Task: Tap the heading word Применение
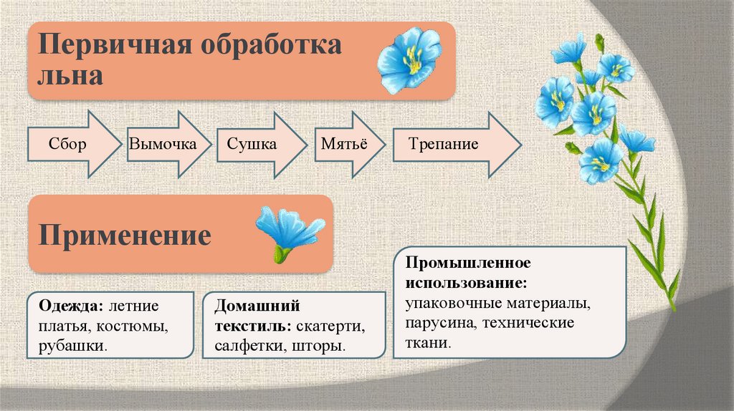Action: point(125,235)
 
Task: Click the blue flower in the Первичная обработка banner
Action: point(409,60)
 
